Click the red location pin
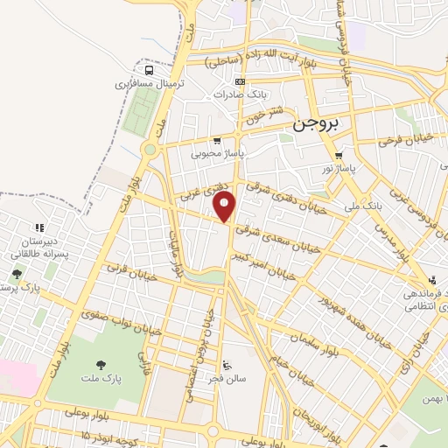point(225,206)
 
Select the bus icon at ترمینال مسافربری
point(150,70)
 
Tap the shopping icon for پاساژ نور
point(339,156)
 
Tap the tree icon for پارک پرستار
point(17,275)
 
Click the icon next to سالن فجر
point(227,365)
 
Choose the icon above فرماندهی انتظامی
point(431,281)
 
